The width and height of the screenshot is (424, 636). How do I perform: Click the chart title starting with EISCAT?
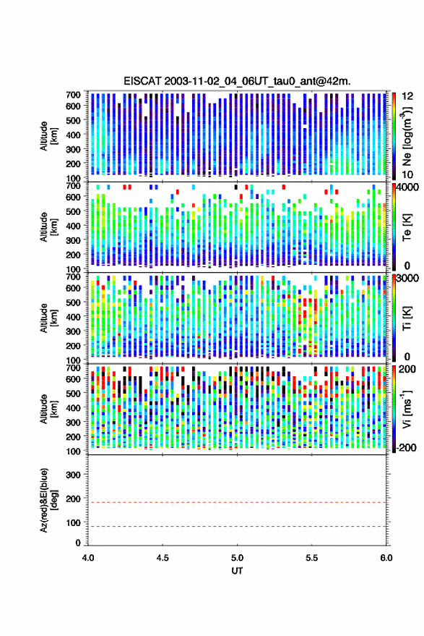238,81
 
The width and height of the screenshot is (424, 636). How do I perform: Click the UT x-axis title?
238,571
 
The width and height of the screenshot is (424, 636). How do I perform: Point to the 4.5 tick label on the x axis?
163,558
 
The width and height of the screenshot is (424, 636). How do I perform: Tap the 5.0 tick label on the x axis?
238,558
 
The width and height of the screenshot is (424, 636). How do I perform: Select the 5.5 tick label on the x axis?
312,558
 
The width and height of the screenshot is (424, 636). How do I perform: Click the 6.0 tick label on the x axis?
386,558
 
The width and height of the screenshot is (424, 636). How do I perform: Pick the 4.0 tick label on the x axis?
88,558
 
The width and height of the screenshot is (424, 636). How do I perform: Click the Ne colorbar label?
407,136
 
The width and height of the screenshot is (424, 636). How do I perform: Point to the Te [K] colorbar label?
407,227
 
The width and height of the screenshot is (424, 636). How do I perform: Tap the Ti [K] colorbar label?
407,318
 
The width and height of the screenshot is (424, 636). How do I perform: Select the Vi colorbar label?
407,409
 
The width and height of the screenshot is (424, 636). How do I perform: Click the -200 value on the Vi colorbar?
405,448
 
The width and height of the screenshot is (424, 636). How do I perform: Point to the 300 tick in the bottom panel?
73,475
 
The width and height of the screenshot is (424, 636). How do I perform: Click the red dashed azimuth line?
238,503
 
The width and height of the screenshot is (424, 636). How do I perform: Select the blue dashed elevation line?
238,527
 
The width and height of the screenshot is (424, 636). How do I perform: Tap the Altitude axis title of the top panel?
48,136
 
